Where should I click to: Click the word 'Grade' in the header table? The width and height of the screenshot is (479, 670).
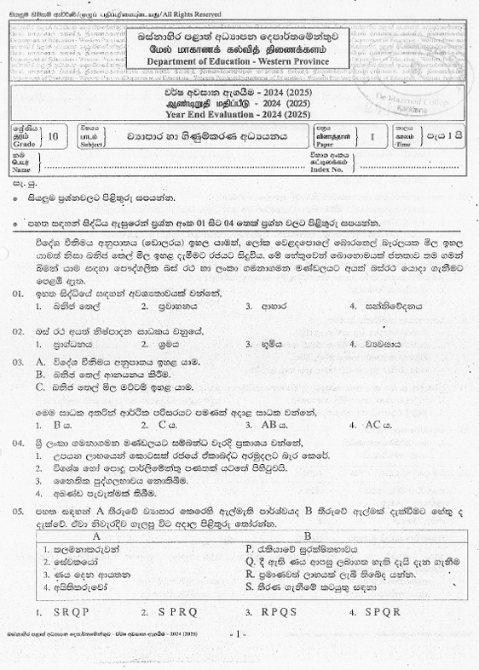(x=24, y=143)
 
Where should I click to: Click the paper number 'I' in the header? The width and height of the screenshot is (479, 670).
(x=372, y=135)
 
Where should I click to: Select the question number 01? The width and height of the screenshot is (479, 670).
(x=17, y=293)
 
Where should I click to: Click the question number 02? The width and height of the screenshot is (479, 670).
(x=17, y=329)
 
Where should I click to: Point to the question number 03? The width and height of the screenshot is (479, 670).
(x=17, y=361)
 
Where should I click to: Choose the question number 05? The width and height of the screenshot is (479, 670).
(x=17, y=509)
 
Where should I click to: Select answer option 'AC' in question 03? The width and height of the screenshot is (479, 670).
(x=374, y=424)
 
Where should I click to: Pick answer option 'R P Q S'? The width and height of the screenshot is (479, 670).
(x=281, y=610)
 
